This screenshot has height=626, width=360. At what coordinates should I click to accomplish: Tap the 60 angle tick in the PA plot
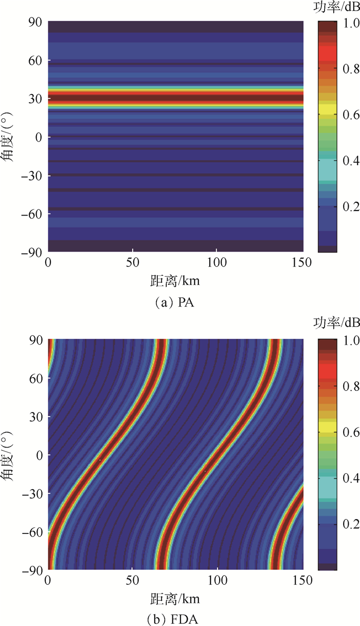35,61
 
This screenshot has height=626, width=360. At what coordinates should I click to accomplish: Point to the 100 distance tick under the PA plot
217,262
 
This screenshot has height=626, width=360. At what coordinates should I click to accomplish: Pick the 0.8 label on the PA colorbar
348,69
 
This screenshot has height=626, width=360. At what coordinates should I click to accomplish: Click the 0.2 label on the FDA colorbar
348,524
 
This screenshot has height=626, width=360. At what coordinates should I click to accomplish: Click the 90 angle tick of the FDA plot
35,340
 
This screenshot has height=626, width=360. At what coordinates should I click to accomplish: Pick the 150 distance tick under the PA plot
301,262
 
